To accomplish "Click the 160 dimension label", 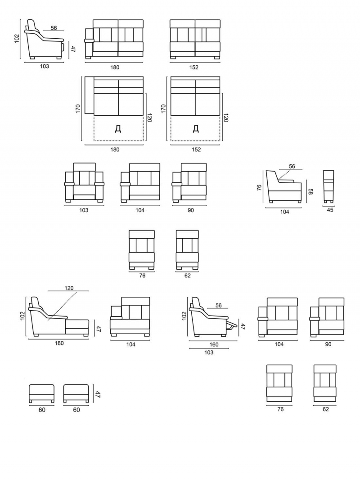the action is (x=214, y=344).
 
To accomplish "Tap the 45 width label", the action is (x=330, y=210).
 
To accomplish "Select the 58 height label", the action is (x=310, y=192).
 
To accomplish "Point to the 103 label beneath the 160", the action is (x=209, y=353).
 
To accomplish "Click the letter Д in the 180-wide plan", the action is (x=118, y=129).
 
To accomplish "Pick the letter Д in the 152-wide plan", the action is (x=196, y=129).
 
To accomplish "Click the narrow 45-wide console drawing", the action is (x=329, y=187).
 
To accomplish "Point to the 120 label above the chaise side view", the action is (x=69, y=288).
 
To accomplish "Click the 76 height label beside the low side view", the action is (x=259, y=187).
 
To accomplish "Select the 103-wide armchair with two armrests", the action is (x=84, y=183).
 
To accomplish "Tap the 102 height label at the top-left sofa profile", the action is (x=17, y=39).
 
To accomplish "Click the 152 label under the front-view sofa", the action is (x=194, y=68).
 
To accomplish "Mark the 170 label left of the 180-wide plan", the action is (x=78, y=109).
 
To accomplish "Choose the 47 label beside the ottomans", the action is (x=98, y=394).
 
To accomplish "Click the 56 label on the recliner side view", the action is (x=218, y=305).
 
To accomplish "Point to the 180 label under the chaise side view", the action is (x=59, y=343).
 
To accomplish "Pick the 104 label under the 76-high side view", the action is (x=284, y=212).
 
